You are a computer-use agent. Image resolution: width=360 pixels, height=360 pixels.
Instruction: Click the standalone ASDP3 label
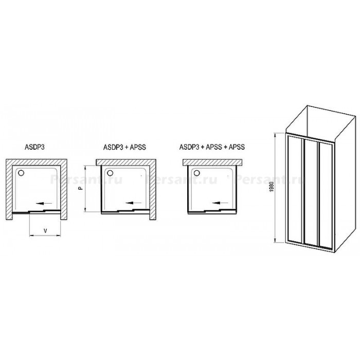pos(34,147)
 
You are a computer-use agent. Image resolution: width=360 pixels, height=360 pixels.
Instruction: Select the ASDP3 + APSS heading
pos(124,147)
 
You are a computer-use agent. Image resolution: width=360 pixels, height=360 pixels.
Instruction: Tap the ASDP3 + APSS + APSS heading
pos(212,147)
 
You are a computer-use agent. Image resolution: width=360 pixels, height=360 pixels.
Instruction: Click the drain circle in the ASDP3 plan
pos(21,173)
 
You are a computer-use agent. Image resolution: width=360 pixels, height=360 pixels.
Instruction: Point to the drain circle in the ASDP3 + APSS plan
pos(110,173)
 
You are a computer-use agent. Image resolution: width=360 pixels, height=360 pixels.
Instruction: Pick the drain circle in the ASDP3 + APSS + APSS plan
pos(196,172)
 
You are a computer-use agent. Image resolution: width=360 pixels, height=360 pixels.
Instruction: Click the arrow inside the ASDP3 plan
pos(44,203)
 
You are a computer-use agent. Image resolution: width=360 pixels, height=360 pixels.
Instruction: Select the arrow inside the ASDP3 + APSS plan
pos(134,203)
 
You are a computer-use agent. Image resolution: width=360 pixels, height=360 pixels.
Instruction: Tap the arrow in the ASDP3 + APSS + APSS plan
pos(220,203)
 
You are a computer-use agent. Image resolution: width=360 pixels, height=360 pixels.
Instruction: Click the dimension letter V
pos(45,231)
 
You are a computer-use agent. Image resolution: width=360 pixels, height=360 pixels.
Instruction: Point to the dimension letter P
pos(80,188)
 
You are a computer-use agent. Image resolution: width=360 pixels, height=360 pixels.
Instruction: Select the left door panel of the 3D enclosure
pos(295,189)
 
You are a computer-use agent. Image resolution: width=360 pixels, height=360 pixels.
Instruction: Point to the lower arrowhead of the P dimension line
pos(85,209)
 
